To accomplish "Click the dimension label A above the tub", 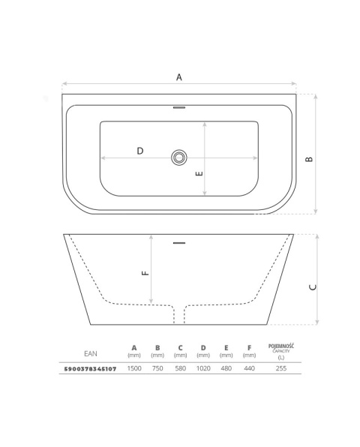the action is (x=179, y=77).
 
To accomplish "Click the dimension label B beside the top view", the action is (x=309, y=159).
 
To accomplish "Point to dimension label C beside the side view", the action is (x=313, y=287).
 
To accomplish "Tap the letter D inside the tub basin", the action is (x=140, y=151).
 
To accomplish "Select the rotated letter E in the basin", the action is (x=199, y=173).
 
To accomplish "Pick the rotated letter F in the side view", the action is (x=145, y=273).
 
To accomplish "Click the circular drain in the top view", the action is (x=179, y=157).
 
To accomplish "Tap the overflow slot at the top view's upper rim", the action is (x=179, y=107).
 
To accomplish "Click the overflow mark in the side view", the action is (x=179, y=243).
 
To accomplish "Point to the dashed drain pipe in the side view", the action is (x=179, y=315).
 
